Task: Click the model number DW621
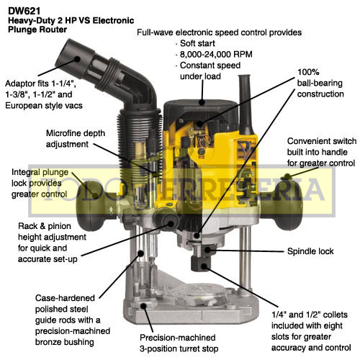[24, 11]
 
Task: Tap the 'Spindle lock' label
[310, 251]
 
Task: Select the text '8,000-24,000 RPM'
[216, 55]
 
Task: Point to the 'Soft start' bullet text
[197, 43]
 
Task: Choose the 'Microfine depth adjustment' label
[76, 139]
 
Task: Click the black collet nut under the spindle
[201, 264]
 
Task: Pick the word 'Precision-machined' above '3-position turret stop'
[178, 338]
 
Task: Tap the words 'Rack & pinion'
[45, 226]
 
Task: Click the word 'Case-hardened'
[65, 298]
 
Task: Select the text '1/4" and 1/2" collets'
[310, 315]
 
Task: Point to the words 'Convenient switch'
[322, 141]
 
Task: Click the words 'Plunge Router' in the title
[37, 30]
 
